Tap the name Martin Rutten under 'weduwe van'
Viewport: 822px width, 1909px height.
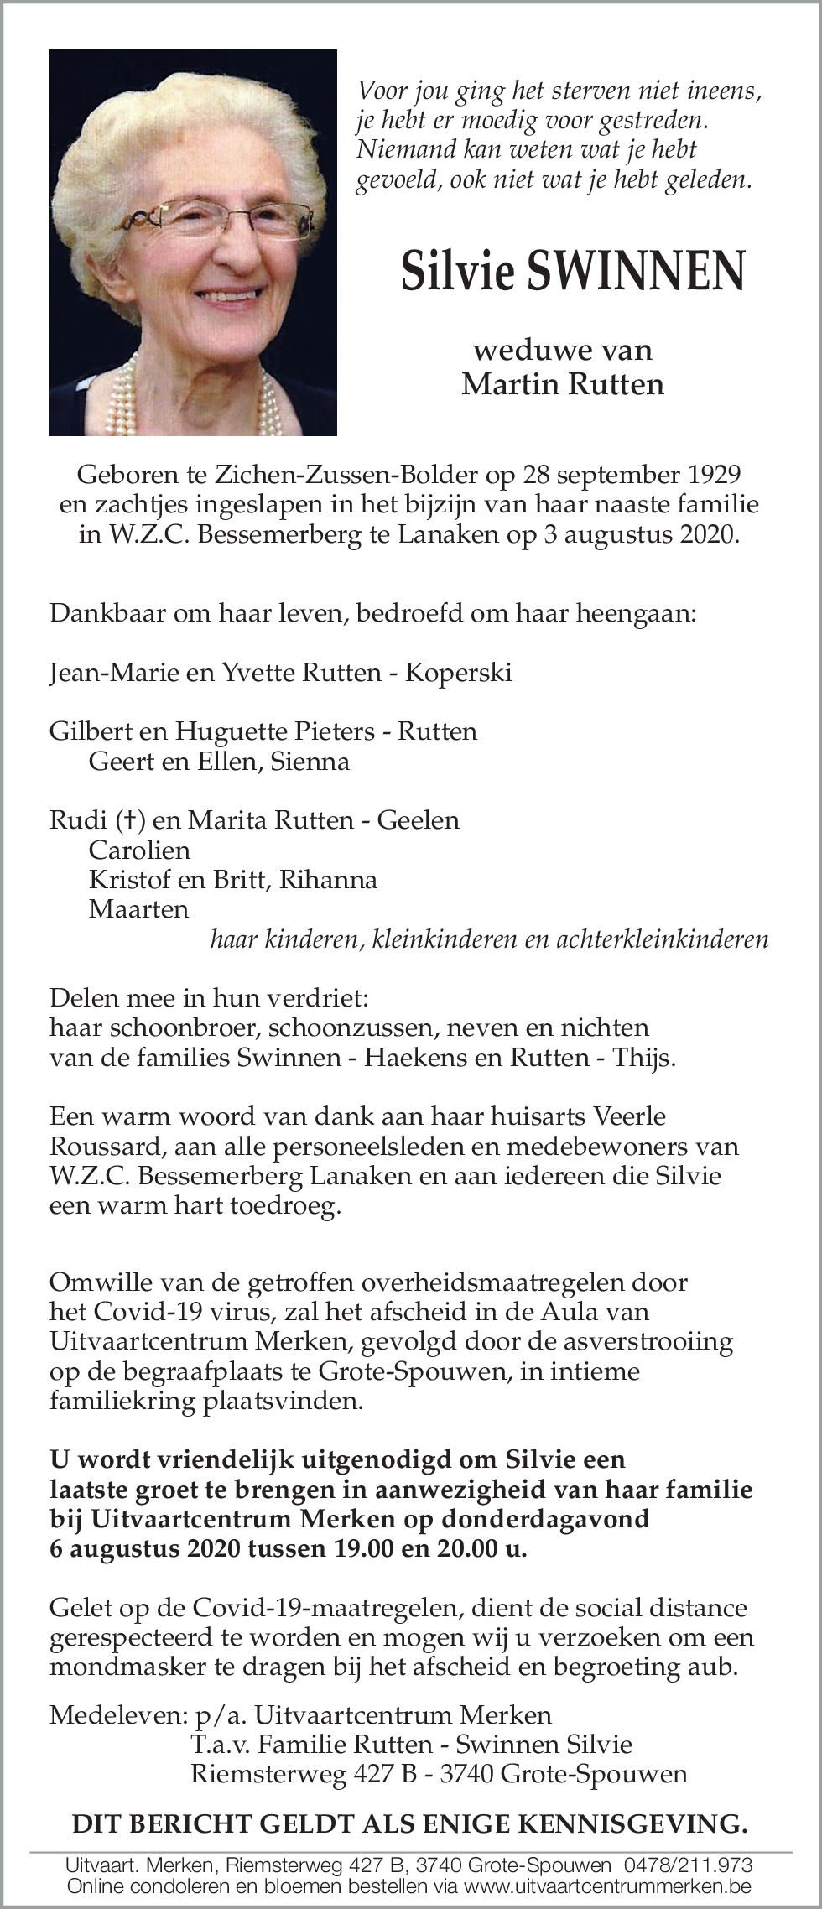click(562, 384)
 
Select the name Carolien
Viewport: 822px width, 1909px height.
click(139, 850)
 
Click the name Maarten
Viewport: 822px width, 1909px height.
click(138, 908)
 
